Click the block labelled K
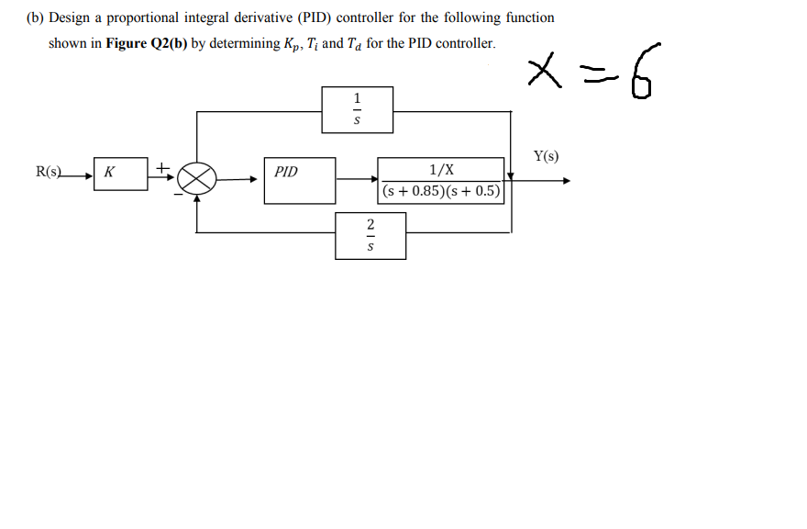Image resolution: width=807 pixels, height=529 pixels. tap(120, 173)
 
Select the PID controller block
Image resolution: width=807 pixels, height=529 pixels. tap(299, 179)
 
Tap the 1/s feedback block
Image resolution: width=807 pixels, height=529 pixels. tap(358, 109)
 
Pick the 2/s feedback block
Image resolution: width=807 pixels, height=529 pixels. tap(370, 235)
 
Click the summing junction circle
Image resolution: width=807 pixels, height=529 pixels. tap(196, 177)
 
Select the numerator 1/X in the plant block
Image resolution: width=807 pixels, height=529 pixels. tap(441, 170)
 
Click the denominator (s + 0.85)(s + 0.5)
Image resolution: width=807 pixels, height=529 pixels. tap(442, 192)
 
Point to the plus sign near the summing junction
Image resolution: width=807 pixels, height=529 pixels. tap(162, 167)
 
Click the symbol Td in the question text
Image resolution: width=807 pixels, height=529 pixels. tap(354, 44)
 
